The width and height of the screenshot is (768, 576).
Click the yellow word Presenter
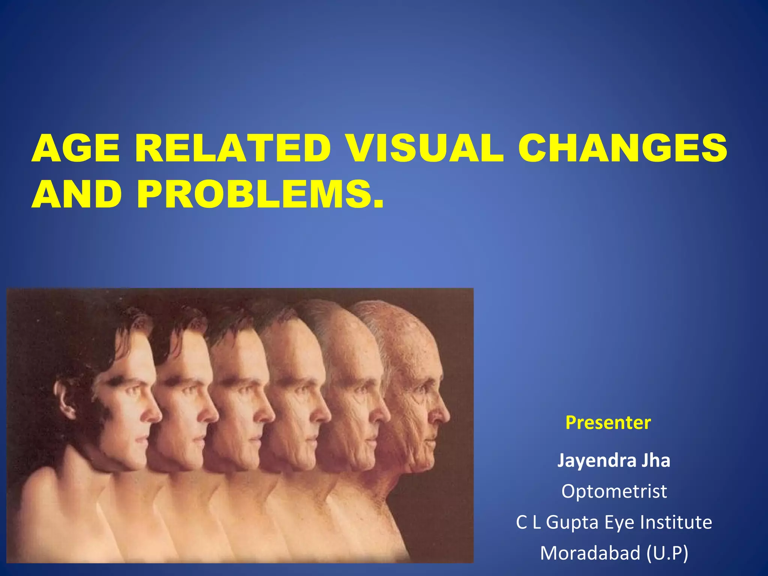(x=608, y=423)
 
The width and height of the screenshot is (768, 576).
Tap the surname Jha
(x=655, y=460)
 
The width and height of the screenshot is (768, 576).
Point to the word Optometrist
(x=614, y=491)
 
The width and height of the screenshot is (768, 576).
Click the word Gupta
(x=572, y=522)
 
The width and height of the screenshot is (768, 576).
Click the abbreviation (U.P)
(x=667, y=553)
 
